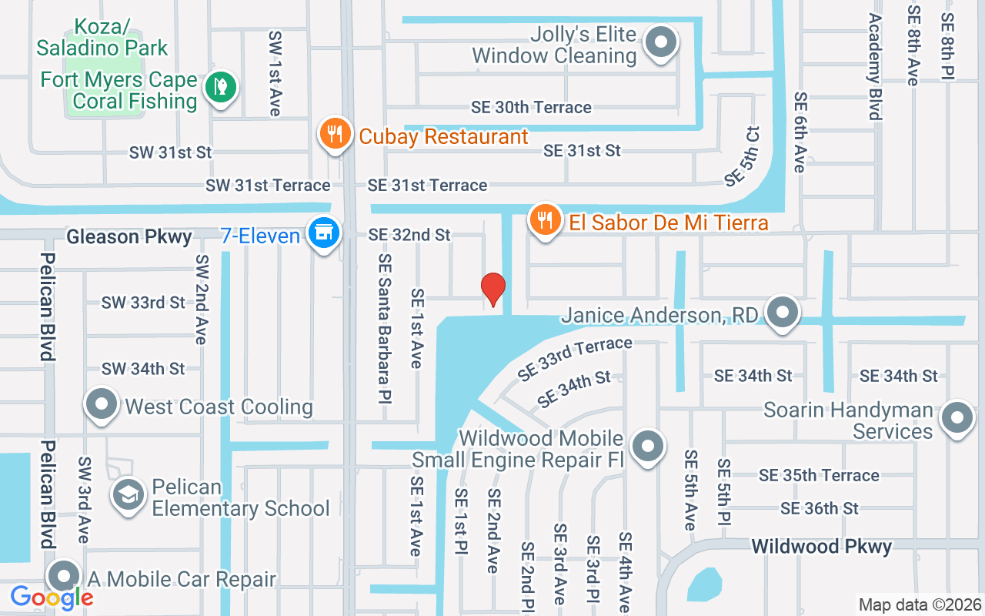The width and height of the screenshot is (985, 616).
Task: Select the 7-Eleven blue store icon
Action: pos(324,233)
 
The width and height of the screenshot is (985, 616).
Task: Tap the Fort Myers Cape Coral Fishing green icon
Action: pos(221,88)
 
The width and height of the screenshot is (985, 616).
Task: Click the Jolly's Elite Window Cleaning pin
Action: pos(660,43)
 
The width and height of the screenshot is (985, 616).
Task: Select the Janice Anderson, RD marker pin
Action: pos(783,313)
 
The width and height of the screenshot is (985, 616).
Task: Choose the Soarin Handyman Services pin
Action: pos(957,418)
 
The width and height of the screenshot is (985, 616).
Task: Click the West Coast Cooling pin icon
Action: pos(101,404)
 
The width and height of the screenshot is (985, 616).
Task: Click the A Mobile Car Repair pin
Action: pos(65,577)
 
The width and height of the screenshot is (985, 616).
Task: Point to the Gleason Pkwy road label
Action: pos(129,236)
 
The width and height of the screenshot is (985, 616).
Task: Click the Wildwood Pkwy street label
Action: pos(821,547)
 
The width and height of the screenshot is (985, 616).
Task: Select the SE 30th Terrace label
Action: pos(531,107)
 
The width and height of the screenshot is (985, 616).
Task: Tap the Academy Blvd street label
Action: pos(875,67)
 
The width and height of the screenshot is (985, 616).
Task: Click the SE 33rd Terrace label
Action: pos(575,359)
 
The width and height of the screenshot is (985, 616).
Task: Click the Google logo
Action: pos(52,597)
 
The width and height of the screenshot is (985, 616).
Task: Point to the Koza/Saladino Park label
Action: pos(102,37)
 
